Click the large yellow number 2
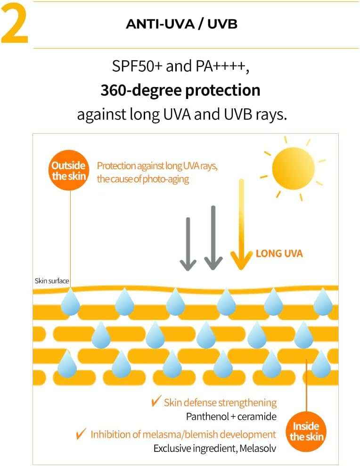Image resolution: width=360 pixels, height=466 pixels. pyautogui.click(x=15, y=24)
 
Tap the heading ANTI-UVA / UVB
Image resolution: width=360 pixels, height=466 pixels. pyautogui.click(x=181, y=24)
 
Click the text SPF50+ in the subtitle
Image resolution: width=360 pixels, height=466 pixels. pyautogui.click(x=137, y=66)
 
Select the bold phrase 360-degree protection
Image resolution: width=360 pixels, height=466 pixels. pyautogui.click(x=180, y=90)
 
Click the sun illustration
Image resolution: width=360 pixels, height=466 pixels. pyautogui.click(x=293, y=168)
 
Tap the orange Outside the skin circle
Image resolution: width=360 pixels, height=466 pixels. pyautogui.click(x=69, y=170)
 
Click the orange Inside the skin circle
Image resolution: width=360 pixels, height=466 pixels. pyautogui.click(x=306, y=432)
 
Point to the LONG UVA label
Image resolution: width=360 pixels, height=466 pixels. pyautogui.click(x=279, y=253)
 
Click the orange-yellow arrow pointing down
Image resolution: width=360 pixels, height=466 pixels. pyautogui.click(x=241, y=224)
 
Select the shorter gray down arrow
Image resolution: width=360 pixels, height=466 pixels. pyautogui.click(x=188, y=244)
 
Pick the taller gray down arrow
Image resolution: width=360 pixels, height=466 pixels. pyautogui.click(x=213, y=238)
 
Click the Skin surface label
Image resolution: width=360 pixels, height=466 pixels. pyautogui.click(x=52, y=281)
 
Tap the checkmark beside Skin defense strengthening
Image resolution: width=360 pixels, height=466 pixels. pyautogui.click(x=156, y=401)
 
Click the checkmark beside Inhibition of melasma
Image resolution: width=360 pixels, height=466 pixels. pyautogui.click(x=81, y=433)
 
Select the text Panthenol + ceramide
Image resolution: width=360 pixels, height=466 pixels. pyautogui.click(x=231, y=417)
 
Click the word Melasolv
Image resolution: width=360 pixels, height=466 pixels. pyautogui.click(x=258, y=448)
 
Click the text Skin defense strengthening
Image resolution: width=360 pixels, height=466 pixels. pyautogui.click(x=220, y=403)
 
